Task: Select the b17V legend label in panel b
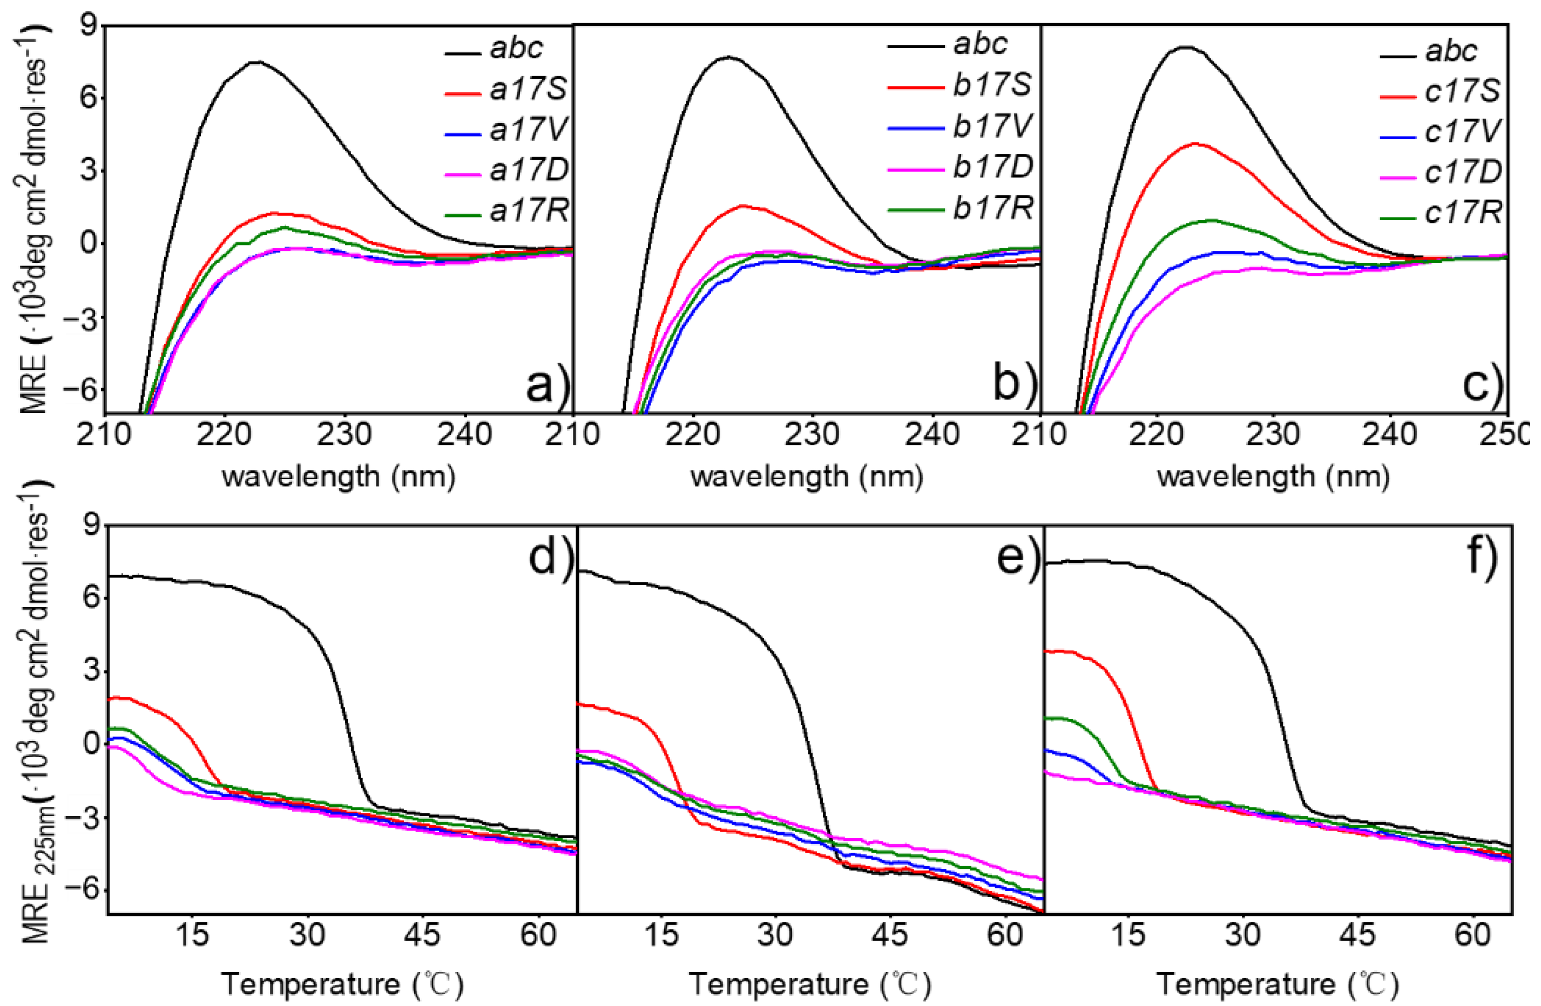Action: tap(991, 125)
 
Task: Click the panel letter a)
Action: tap(547, 386)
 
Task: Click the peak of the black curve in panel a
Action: tap(258, 62)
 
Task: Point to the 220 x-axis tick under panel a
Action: tap(224, 434)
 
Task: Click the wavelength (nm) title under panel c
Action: tap(1273, 477)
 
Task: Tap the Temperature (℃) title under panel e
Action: tap(809, 984)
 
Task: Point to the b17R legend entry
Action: tap(991, 208)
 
